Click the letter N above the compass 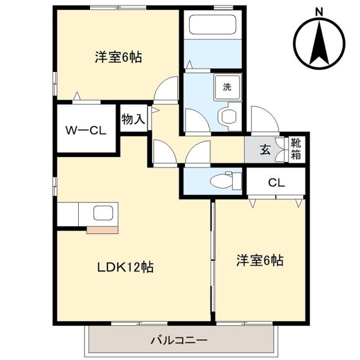(x=319, y=11)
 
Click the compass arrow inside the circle (x=319, y=42)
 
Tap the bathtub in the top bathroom (x=212, y=26)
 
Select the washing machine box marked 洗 (x=227, y=87)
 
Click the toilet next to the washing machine (x=228, y=117)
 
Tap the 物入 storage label (x=133, y=119)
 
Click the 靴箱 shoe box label (x=296, y=150)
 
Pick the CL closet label (x=276, y=182)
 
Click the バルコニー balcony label (x=179, y=340)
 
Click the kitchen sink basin (x=103, y=214)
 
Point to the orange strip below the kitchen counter (x=103, y=229)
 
